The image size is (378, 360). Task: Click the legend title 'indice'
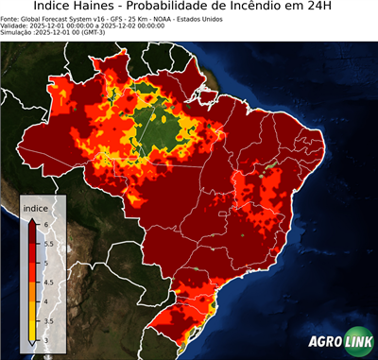(35, 208)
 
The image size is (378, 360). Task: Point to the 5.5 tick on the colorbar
(47, 243)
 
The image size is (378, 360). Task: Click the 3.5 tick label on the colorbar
(47, 321)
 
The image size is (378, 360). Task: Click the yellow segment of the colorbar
(32, 317)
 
